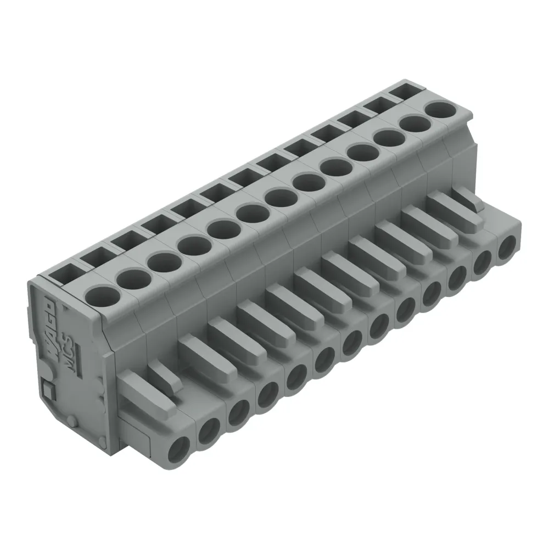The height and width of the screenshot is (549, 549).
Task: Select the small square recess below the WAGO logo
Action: [x=48, y=391]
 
